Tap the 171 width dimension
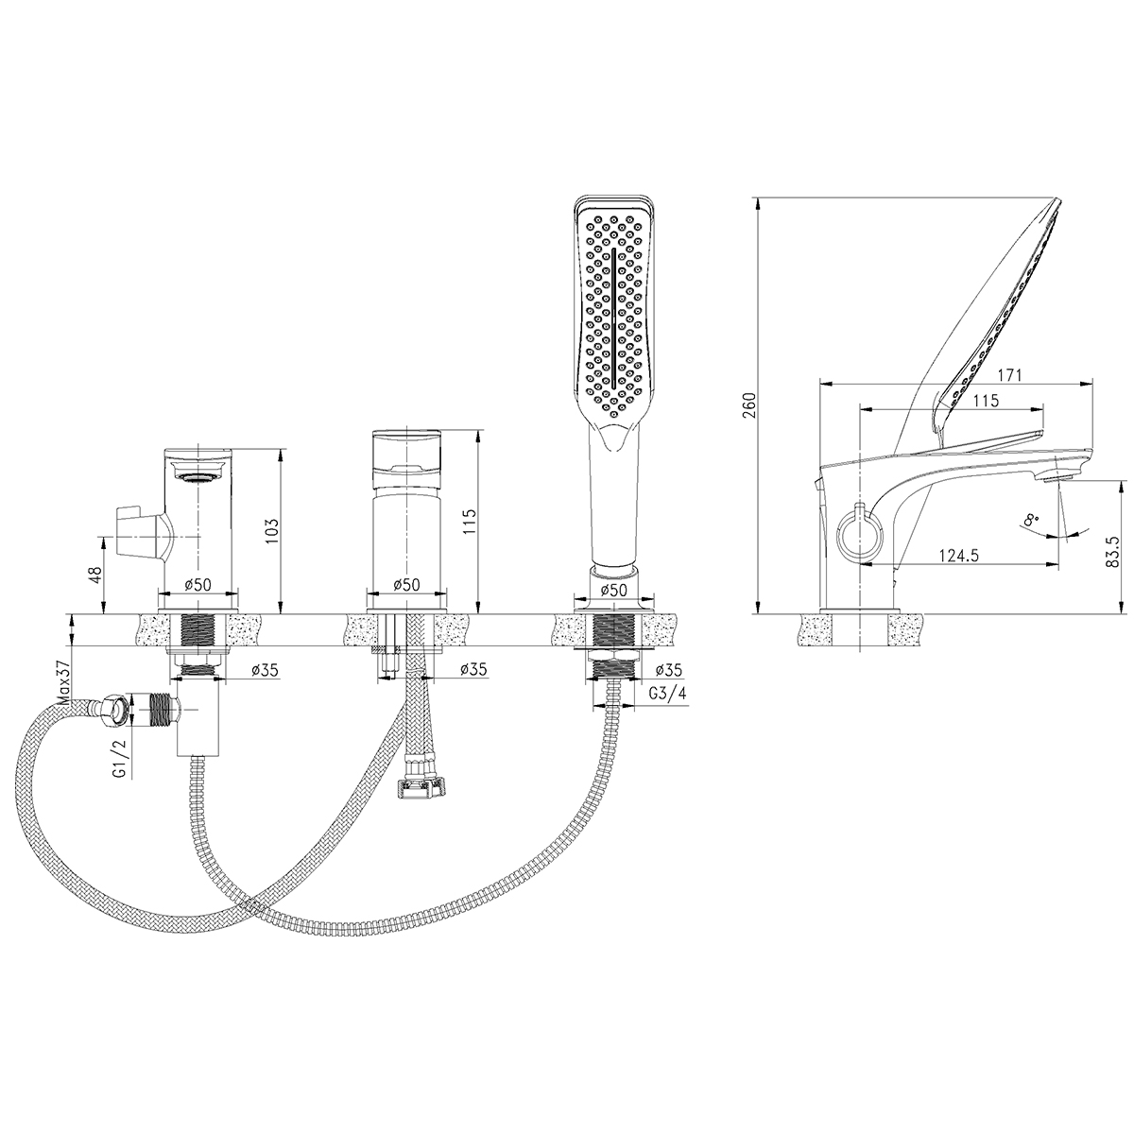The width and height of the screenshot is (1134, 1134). click(x=1010, y=375)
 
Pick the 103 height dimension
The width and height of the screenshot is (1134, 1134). click(x=272, y=531)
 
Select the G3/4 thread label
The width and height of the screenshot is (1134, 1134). click(x=667, y=694)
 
